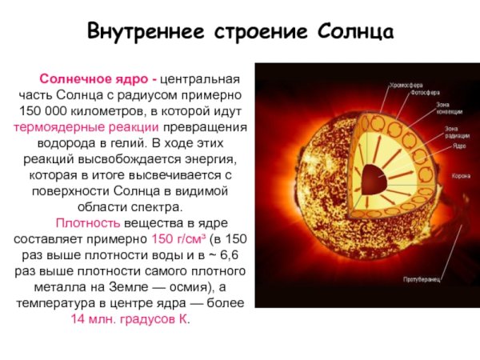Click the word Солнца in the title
[357, 34]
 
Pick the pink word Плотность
[87, 222]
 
